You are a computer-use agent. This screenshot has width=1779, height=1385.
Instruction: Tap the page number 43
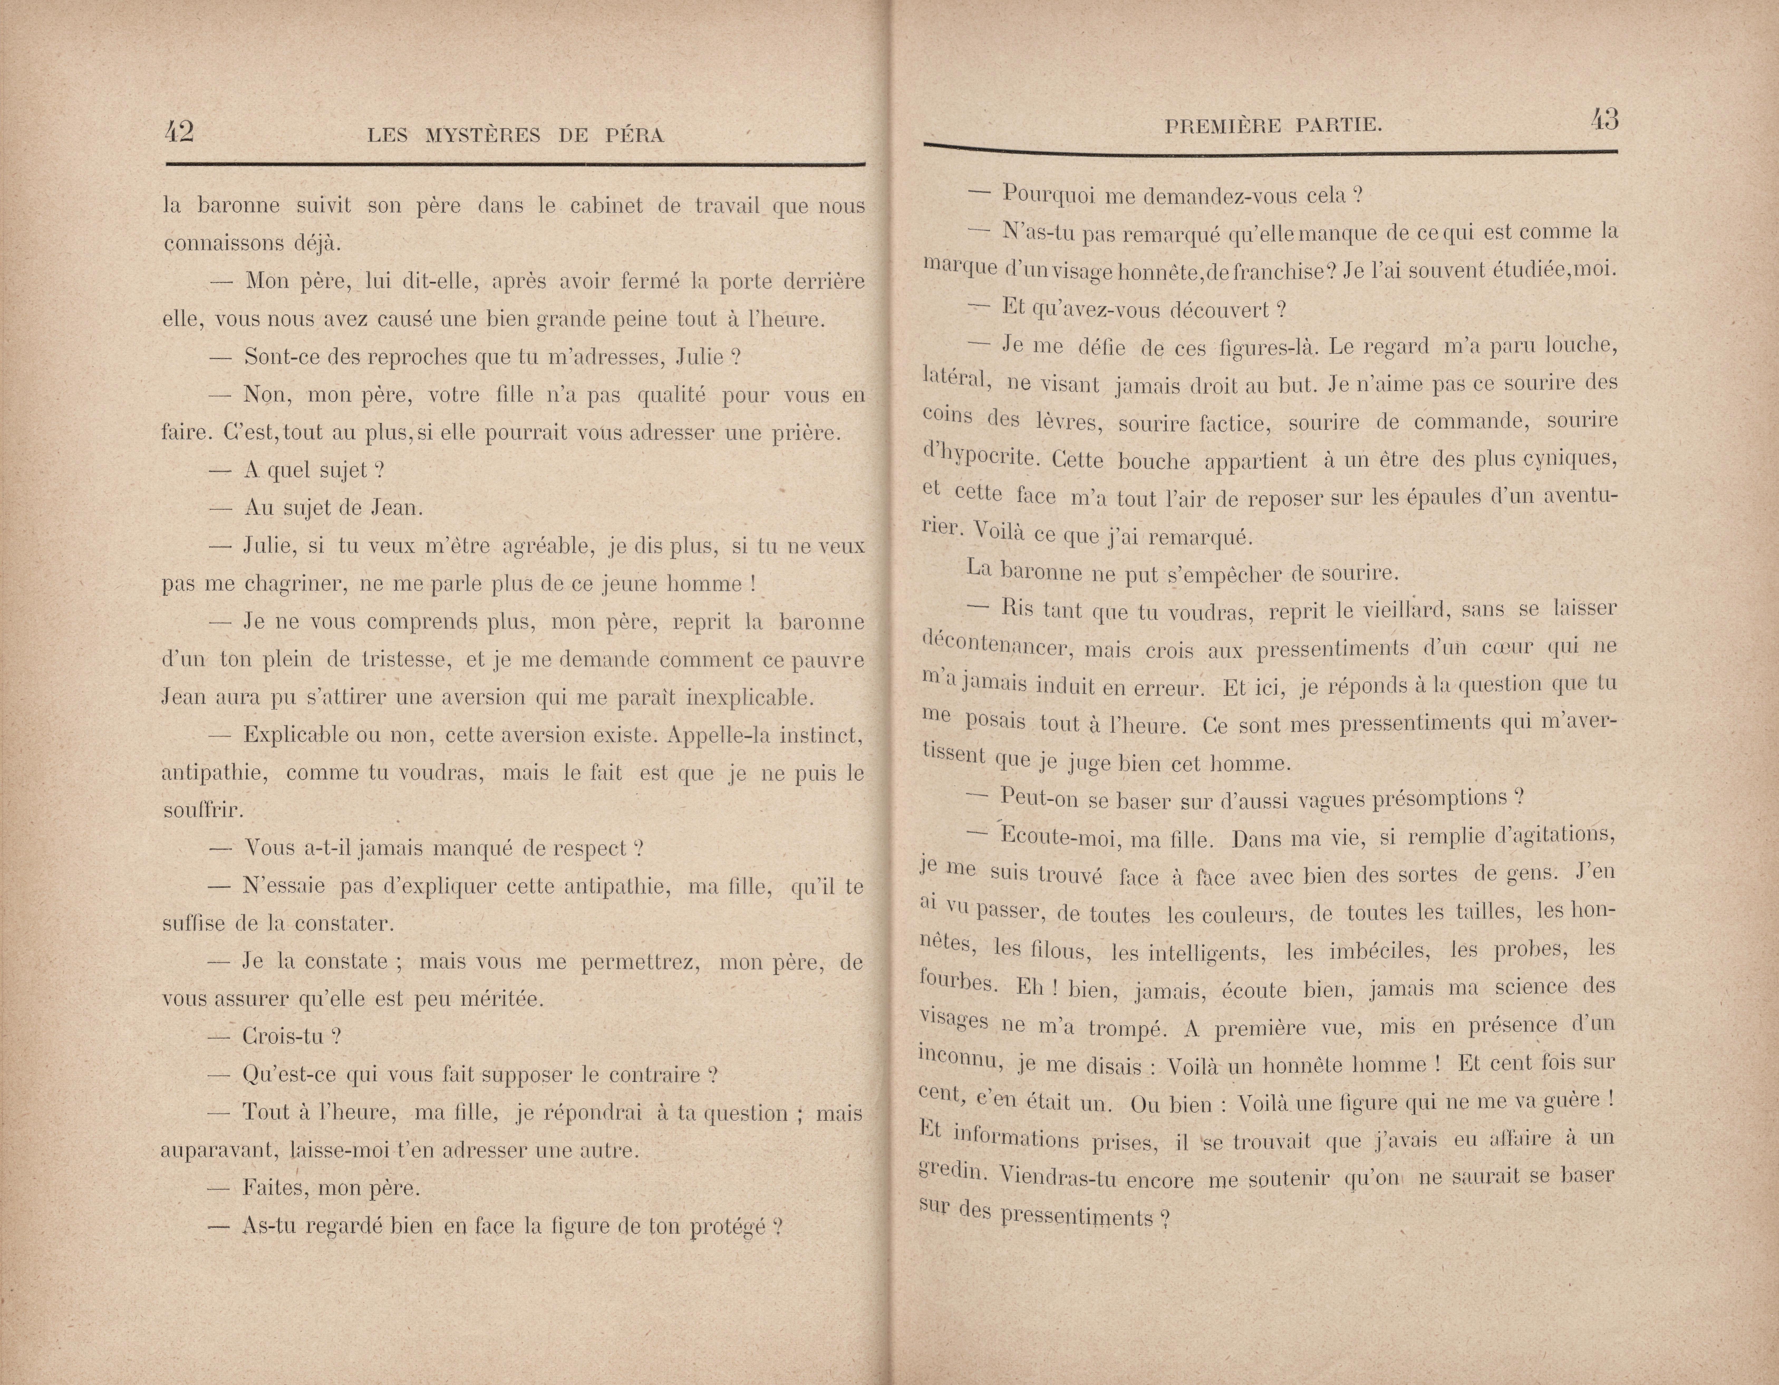tap(1604, 121)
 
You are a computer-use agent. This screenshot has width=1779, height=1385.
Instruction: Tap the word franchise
tap(1277, 271)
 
